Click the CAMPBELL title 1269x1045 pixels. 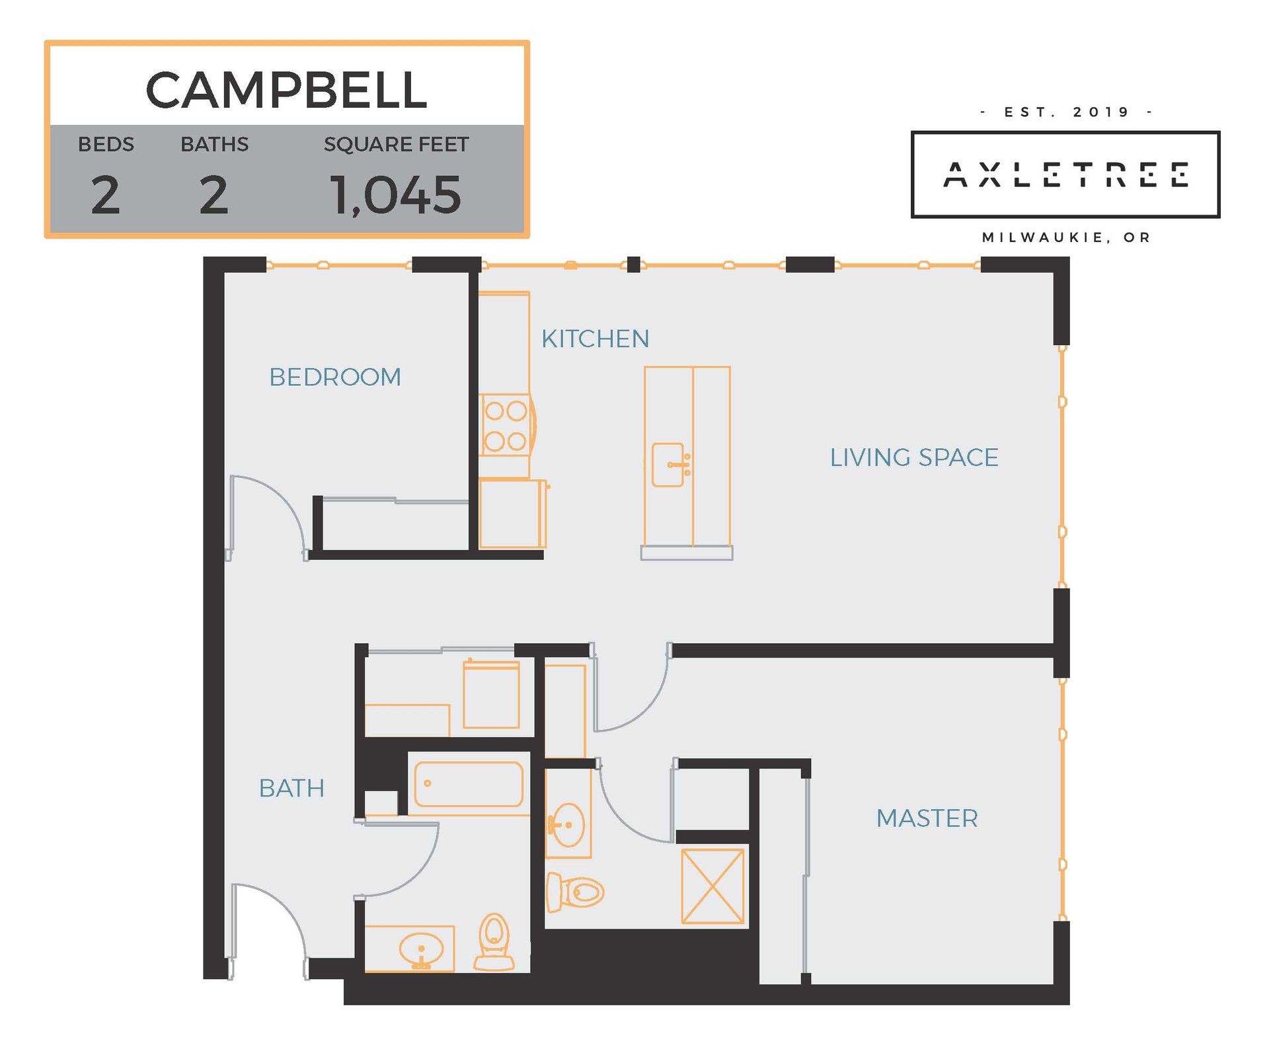pos(286,90)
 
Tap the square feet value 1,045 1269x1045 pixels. pos(395,196)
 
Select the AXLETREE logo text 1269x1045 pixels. pos(1065,175)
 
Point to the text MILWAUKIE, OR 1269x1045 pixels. pos(1066,237)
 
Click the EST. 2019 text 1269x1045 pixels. pos(1066,112)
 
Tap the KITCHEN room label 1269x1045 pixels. pos(595,339)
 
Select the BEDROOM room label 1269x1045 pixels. pos(335,377)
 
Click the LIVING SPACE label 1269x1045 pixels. pos(914,457)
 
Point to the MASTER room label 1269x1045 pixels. pos(927,818)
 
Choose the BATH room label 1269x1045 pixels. pos(291,788)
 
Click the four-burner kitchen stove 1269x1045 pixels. pos(506,426)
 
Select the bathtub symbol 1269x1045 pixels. pos(469,784)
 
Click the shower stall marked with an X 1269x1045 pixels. pos(712,886)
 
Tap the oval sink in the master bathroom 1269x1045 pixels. pos(567,824)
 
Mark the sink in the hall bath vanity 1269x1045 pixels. pos(421,950)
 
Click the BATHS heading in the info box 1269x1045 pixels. pos(214,144)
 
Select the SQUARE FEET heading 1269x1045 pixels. pos(396,144)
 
